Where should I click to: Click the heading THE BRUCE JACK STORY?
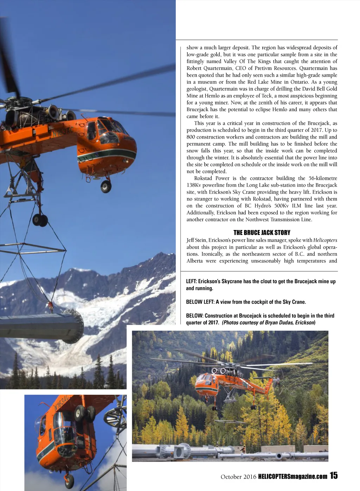pyautogui.click(x=262, y=232)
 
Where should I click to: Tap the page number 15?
pyautogui.click(x=334, y=476)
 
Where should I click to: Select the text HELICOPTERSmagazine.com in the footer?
pyautogui.click(x=292, y=477)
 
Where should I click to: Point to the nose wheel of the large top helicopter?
pyautogui.click(x=106, y=186)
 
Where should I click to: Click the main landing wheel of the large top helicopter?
pyautogui.click(x=40, y=220)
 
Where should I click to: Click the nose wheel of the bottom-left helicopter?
pyautogui.click(x=69, y=480)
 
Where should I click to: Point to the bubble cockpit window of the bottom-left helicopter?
pyautogui.click(x=63, y=427)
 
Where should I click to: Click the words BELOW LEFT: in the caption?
pyautogui.click(x=200, y=302)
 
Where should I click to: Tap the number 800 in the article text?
pyautogui.click(x=191, y=137)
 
